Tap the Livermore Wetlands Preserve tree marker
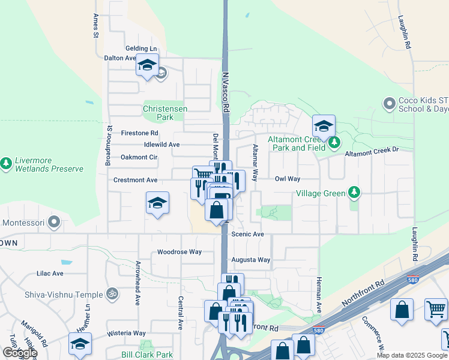7,163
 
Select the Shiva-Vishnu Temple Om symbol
110,294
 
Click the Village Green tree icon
355,193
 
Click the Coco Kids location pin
390,104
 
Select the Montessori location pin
54,223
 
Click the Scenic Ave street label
249,234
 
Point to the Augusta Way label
251,260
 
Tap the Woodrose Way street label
179,252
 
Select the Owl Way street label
287,179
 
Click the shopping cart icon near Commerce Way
436,309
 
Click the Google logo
19,353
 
